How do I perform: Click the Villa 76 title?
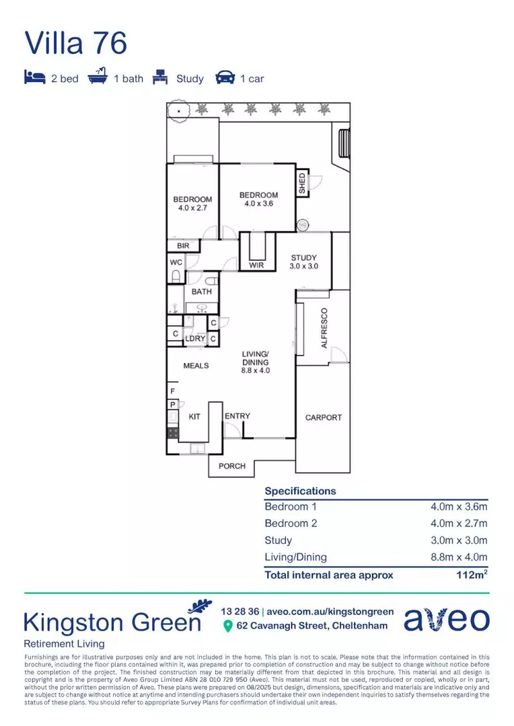click(75, 43)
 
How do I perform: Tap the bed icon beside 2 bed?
click(34, 78)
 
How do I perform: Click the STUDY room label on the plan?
click(303, 258)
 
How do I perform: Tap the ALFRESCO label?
click(324, 328)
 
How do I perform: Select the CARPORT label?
click(324, 417)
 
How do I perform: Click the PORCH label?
click(232, 466)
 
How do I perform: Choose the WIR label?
click(256, 266)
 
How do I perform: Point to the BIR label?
click(183, 247)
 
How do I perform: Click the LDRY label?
click(195, 338)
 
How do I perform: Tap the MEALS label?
click(196, 366)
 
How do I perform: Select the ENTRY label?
click(237, 416)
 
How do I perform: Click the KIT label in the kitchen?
click(194, 417)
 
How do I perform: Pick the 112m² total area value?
click(471, 575)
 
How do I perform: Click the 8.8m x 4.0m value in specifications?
click(459, 557)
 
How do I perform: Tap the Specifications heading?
click(300, 491)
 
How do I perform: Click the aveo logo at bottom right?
click(446, 619)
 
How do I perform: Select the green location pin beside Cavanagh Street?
click(227, 627)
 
